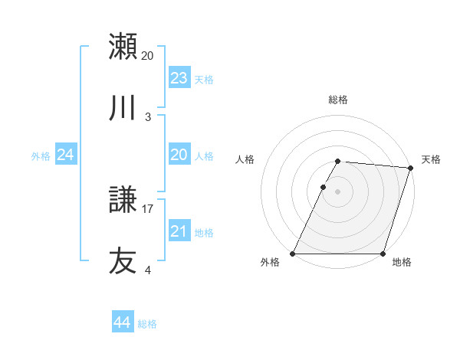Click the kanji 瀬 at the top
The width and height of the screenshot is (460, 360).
tap(123, 47)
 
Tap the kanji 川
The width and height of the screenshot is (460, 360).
tap(123, 108)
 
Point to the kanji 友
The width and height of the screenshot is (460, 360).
tap(123, 261)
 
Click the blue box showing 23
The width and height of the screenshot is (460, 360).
tap(179, 77)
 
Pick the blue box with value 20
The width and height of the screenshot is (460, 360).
tap(179, 155)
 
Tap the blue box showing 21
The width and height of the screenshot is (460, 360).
tap(179, 231)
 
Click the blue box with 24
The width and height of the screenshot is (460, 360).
tap(66, 155)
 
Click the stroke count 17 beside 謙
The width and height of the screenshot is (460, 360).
tap(148, 208)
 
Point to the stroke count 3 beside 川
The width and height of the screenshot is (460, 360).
tap(148, 116)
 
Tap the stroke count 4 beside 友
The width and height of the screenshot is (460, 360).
tap(148, 270)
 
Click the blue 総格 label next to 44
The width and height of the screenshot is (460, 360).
tap(147, 324)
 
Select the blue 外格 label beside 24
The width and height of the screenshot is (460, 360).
tap(41, 155)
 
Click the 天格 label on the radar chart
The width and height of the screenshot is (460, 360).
tap(432, 159)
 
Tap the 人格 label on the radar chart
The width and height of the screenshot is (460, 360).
tap(245, 159)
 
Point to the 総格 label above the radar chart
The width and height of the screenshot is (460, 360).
tap(338, 100)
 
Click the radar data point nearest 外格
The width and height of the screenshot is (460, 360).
tap(294, 254)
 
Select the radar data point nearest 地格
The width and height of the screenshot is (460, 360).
tap(383, 254)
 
